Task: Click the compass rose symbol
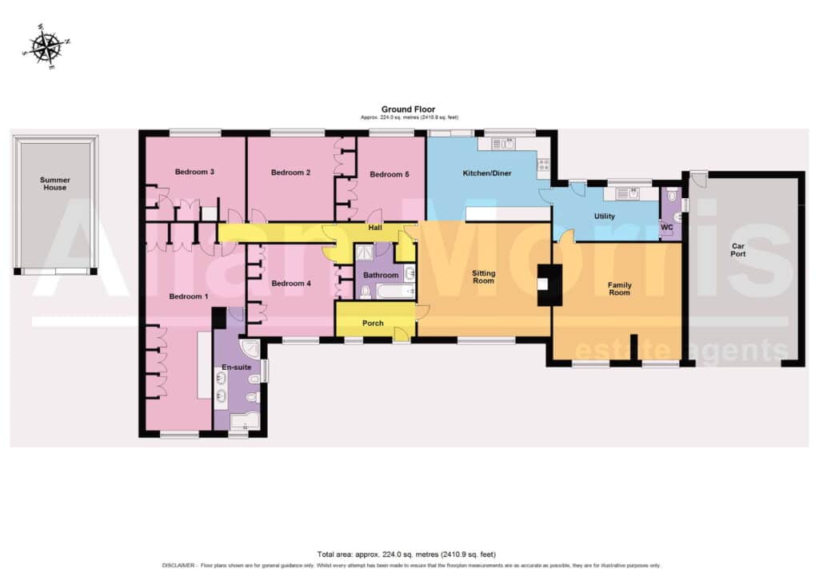tap(46, 46)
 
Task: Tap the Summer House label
tap(55, 184)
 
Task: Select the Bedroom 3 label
tap(194, 172)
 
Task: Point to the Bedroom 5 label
tap(390, 174)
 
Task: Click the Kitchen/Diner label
tap(487, 173)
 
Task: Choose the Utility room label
tap(605, 216)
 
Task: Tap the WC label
tap(666, 228)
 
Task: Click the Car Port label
tap(738, 250)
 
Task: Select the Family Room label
tap(620, 288)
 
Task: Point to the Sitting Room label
tap(483, 276)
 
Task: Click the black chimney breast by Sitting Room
tap(550, 285)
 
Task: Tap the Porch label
tap(373, 324)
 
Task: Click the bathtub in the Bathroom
tap(394, 291)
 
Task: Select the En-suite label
tap(237, 367)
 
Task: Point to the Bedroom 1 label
tap(189, 296)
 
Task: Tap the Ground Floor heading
tap(408, 109)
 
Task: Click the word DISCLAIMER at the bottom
tap(178, 565)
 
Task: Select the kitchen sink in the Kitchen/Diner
tap(503, 144)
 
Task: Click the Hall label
tap(375, 228)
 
